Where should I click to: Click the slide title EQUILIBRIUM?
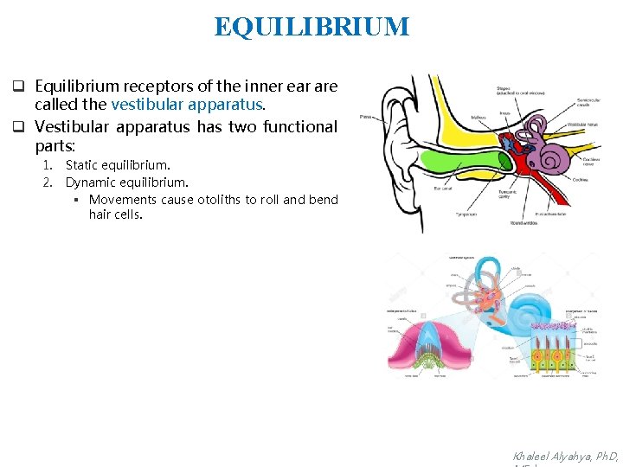(311, 27)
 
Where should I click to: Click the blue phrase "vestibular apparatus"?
(186, 105)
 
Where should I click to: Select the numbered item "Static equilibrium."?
(118, 164)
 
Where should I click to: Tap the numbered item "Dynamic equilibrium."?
(126, 182)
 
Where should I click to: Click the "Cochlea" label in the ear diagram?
(581, 179)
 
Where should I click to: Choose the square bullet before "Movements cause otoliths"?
(76, 201)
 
